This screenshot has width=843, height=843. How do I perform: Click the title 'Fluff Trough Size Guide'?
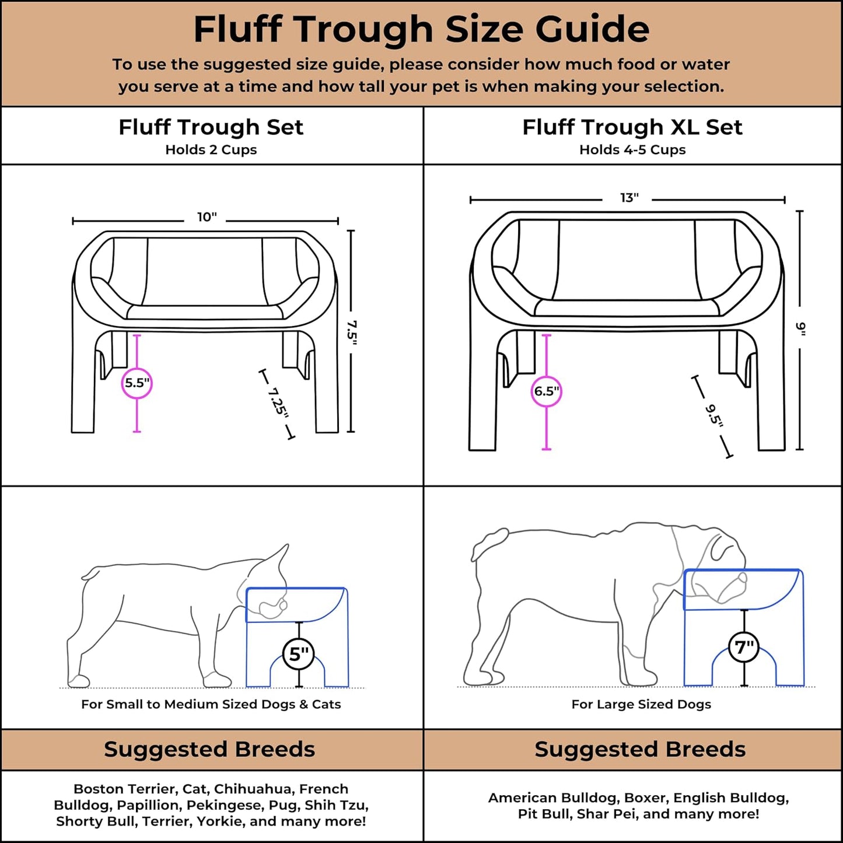click(421, 29)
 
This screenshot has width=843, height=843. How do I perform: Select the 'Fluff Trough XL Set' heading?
click(632, 127)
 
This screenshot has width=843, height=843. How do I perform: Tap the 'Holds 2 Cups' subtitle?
click(211, 150)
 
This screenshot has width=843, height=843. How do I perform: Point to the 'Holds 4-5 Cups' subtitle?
click(632, 150)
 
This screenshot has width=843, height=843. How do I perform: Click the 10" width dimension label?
click(207, 218)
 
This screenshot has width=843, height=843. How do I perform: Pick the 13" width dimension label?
click(629, 198)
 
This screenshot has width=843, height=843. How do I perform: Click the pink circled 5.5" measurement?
click(137, 383)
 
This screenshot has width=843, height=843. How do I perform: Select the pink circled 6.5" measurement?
click(547, 391)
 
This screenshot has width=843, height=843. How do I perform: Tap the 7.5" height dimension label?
click(351, 333)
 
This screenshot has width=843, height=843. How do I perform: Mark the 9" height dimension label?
click(800, 329)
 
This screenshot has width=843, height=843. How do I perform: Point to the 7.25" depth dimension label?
click(278, 403)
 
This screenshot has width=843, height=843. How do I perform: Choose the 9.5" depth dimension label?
click(713, 415)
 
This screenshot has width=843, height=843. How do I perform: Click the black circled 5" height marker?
click(299, 655)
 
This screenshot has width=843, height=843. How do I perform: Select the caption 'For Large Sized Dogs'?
click(641, 705)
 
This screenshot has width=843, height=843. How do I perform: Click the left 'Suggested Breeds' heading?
click(209, 750)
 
